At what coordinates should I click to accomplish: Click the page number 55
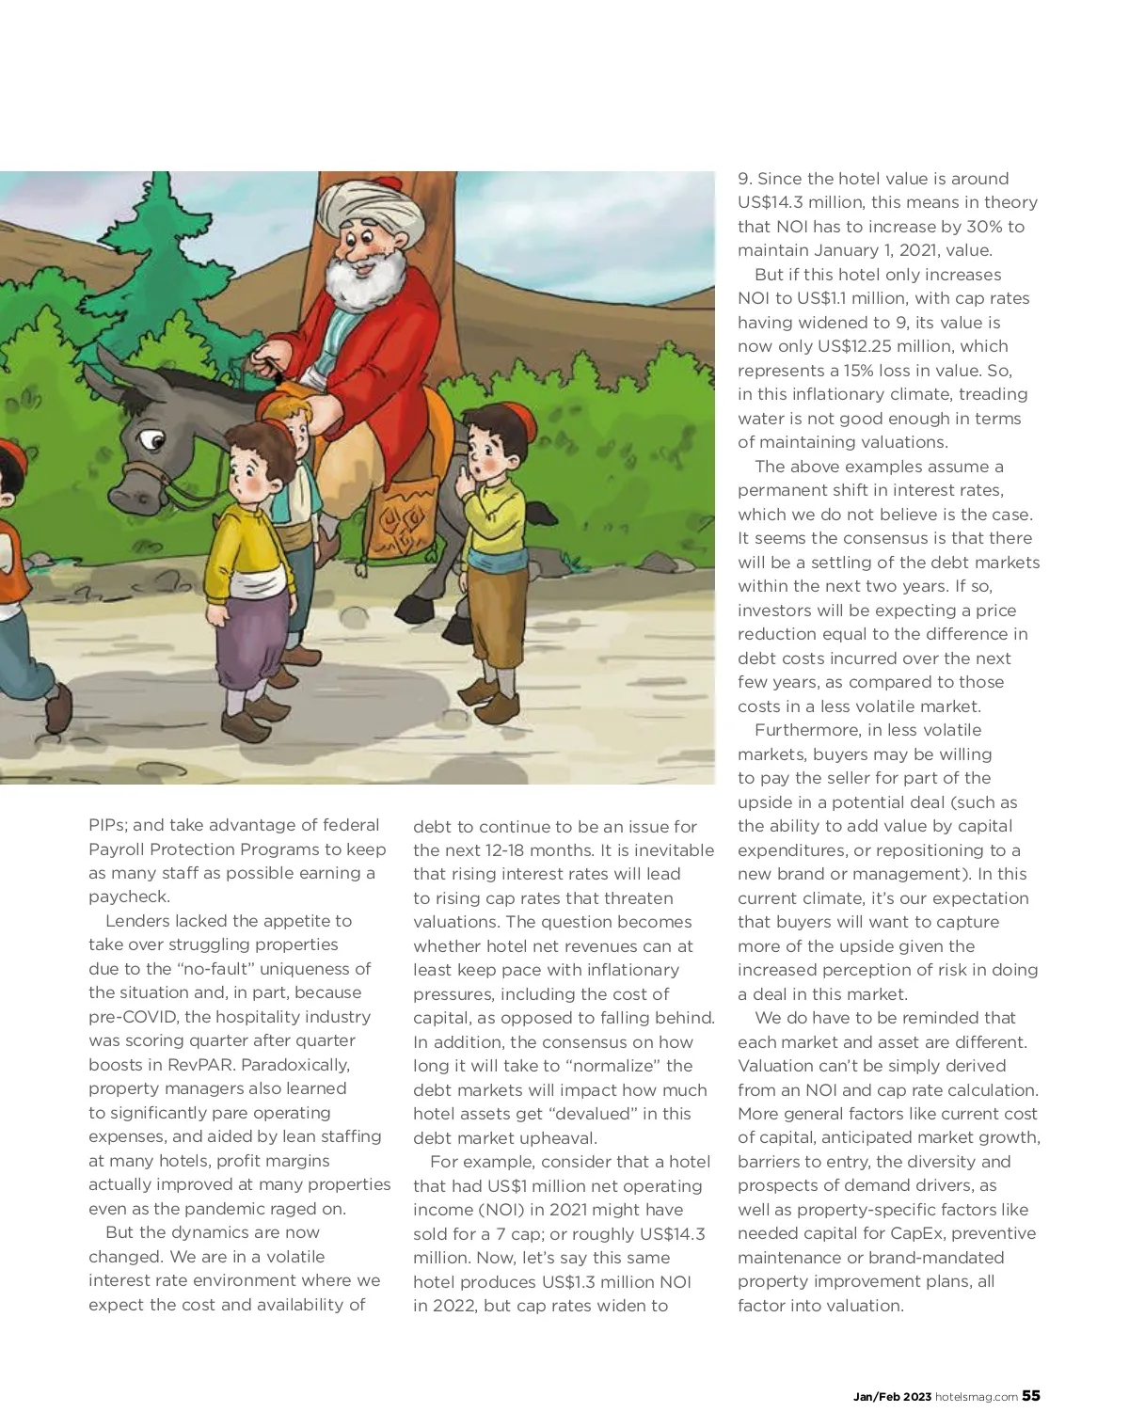point(1031,1396)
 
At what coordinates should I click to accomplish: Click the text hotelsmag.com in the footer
point(976,1397)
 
